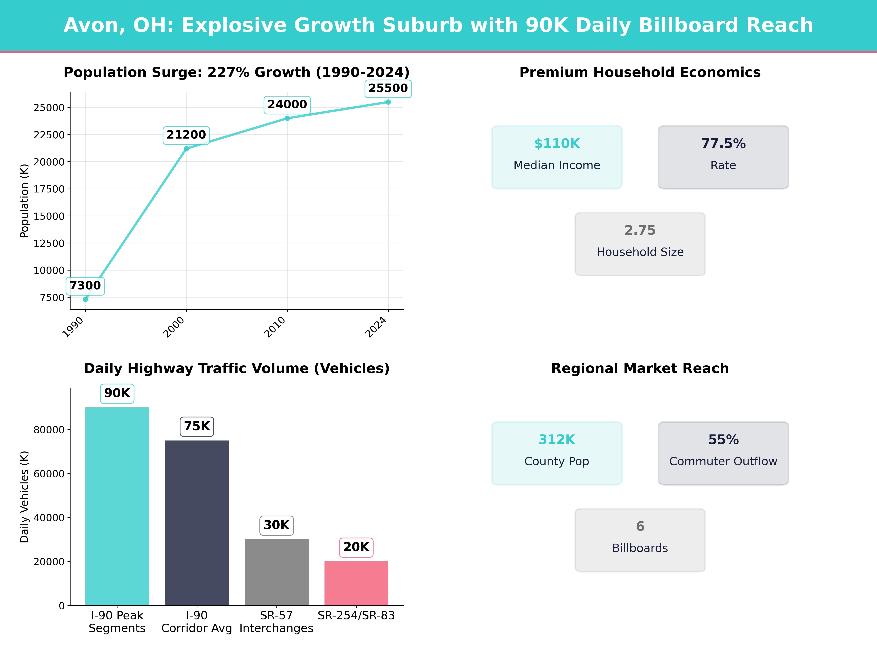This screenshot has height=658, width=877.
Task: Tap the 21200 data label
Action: tap(186, 135)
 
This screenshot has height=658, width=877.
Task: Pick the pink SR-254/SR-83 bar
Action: tap(356, 583)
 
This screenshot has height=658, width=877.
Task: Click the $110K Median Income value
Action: tap(557, 144)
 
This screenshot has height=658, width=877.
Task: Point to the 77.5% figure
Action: tap(723, 144)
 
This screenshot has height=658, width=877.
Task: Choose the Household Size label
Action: tap(640, 252)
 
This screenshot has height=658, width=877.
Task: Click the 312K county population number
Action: tap(557, 439)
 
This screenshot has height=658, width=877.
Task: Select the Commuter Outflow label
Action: tap(723, 461)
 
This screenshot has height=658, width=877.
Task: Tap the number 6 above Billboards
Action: tap(640, 526)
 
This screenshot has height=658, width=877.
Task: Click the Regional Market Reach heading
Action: tap(640, 368)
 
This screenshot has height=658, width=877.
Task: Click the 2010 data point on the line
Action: tap(287, 118)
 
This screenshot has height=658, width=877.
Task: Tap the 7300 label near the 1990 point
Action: tap(85, 285)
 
